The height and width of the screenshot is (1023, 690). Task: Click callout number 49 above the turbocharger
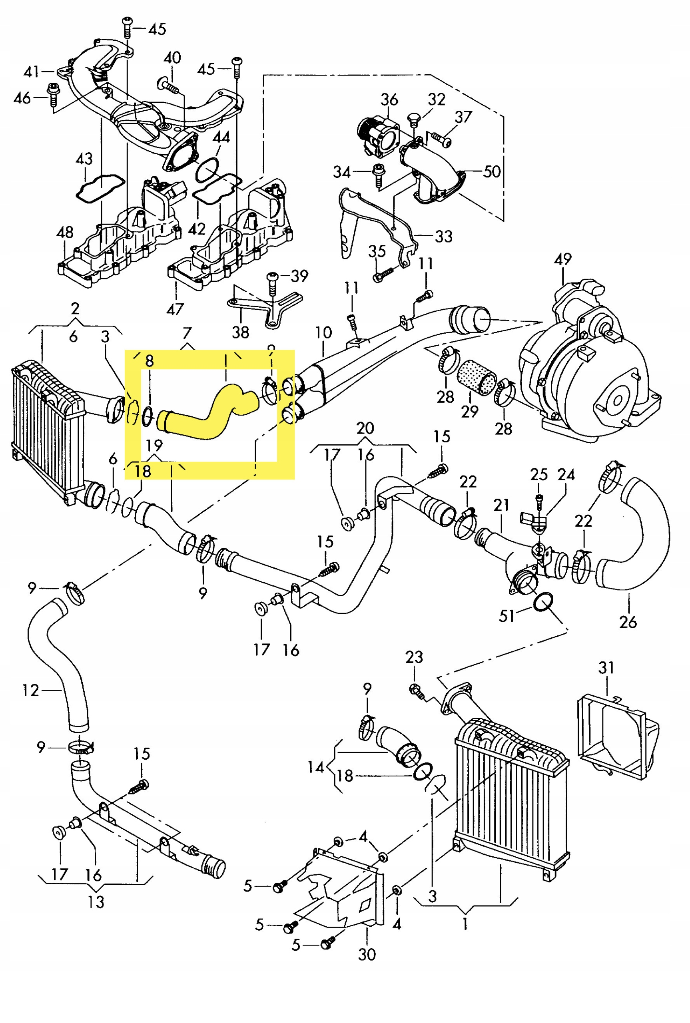coord(563,259)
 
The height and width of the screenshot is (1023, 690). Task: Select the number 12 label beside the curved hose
coord(31,691)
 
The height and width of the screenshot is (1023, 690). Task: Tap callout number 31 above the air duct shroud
coord(606,668)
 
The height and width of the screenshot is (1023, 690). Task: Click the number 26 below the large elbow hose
coord(628,622)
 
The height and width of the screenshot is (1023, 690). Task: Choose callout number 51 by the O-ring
coord(507,616)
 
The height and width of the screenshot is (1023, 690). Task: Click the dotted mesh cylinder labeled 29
coord(477,377)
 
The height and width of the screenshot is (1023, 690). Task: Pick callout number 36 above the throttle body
coord(389,100)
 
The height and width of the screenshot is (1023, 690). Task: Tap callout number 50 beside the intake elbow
coord(492,171)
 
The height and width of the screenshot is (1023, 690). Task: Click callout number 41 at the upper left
coord(31,72)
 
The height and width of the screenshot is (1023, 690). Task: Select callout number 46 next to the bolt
coord(22,98)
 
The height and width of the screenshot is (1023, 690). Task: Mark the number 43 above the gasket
coord(84,159)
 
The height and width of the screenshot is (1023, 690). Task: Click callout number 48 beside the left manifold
coord(65,232)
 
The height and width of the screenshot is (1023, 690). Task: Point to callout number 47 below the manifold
coord(175,309)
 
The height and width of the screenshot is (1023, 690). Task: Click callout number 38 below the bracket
coord(241,332)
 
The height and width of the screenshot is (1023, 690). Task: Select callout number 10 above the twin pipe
coord(323,332)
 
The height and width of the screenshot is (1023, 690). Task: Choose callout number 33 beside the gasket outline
coord(444,237)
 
